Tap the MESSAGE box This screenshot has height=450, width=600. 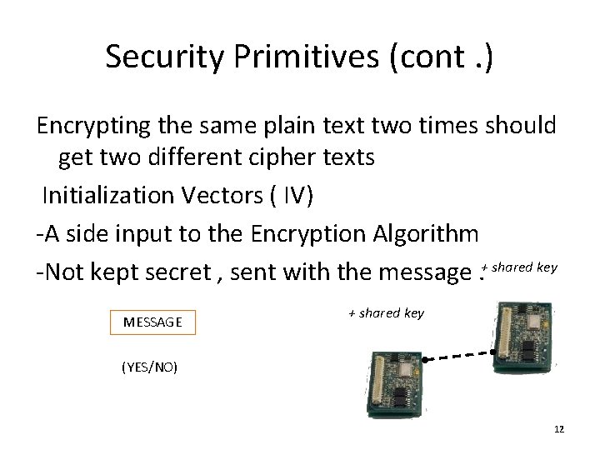pos(152,321)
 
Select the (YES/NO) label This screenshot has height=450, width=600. pos(149,367)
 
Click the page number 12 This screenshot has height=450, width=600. pos(558,428)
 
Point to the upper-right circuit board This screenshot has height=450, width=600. pos(523,335)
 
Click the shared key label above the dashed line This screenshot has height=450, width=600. pos(386,313)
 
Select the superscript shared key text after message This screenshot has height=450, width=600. pos(523,267)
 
